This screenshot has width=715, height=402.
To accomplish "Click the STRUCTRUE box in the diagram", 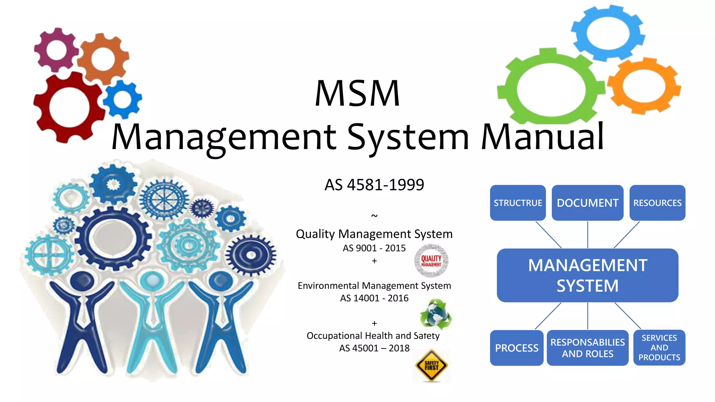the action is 517,203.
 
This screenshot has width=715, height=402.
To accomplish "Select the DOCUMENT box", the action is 587,203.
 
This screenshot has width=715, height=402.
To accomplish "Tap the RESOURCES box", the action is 657,203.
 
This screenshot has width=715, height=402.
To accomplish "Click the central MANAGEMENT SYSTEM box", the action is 587,275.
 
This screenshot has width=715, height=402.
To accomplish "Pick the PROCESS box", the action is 517,348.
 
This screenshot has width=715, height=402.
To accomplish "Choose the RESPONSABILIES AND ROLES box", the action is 587,348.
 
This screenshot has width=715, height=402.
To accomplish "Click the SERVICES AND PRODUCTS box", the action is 659,348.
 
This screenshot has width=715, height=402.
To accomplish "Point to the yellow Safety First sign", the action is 432,366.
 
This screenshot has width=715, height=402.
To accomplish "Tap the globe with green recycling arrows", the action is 435,314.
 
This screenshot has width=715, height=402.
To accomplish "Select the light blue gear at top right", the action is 608,32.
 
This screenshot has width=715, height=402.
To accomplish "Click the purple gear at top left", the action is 56,50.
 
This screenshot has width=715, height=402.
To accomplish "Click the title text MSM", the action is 357,93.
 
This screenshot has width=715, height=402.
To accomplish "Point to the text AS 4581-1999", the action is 374,185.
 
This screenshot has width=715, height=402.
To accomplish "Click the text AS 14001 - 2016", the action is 374,298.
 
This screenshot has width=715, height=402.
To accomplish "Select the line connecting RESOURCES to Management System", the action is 627,234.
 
